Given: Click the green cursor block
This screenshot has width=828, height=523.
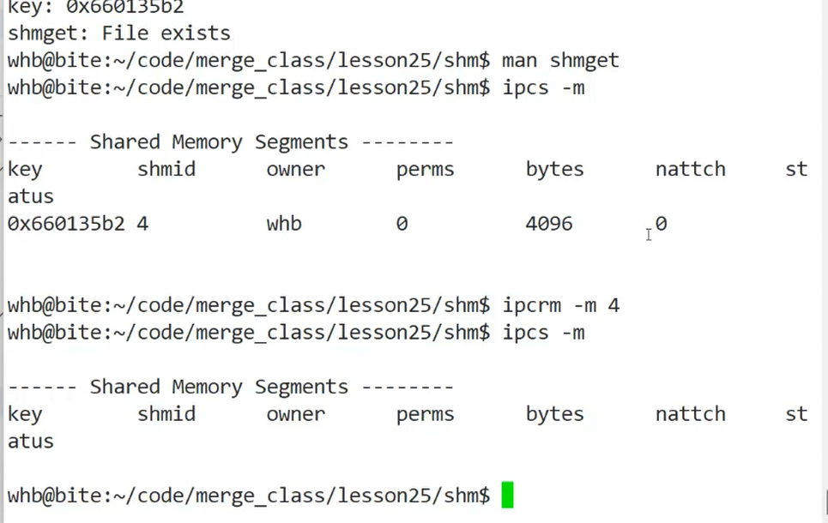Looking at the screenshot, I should tap(507, 496).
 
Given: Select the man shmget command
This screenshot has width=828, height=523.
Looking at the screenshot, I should tap(560, 61).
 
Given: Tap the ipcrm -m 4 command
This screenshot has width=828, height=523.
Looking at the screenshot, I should tap(560, 305).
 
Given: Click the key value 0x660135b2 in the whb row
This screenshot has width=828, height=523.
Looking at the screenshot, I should tap(66, 224).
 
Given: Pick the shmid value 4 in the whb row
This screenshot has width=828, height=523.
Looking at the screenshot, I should tap(142, 224).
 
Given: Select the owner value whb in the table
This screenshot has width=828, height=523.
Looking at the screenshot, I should tap(284, 224).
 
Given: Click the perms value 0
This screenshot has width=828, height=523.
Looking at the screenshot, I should tap(402, 224).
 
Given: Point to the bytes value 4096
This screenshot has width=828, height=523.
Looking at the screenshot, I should tap(549, 224).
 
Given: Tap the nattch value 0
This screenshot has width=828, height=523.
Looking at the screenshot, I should tap(661, 224).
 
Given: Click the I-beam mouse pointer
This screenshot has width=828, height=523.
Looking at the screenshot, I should tap(649, 234).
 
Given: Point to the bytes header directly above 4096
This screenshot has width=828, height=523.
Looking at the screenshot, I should tap(554, 169).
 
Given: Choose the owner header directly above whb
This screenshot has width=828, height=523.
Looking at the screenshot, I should tap(296, 169).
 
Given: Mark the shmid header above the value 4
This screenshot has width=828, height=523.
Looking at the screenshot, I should tap(166, 169).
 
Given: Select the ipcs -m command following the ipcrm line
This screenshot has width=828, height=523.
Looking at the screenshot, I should tap(543, 333).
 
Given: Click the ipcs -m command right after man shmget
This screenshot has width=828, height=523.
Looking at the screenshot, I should tap(543, 87).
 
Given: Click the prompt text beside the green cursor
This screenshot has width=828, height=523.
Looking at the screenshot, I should tap(249, 496).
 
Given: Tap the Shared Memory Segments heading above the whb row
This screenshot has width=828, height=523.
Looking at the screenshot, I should tap(219, 142).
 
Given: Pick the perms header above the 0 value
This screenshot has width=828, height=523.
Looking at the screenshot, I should tap(426, 169).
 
